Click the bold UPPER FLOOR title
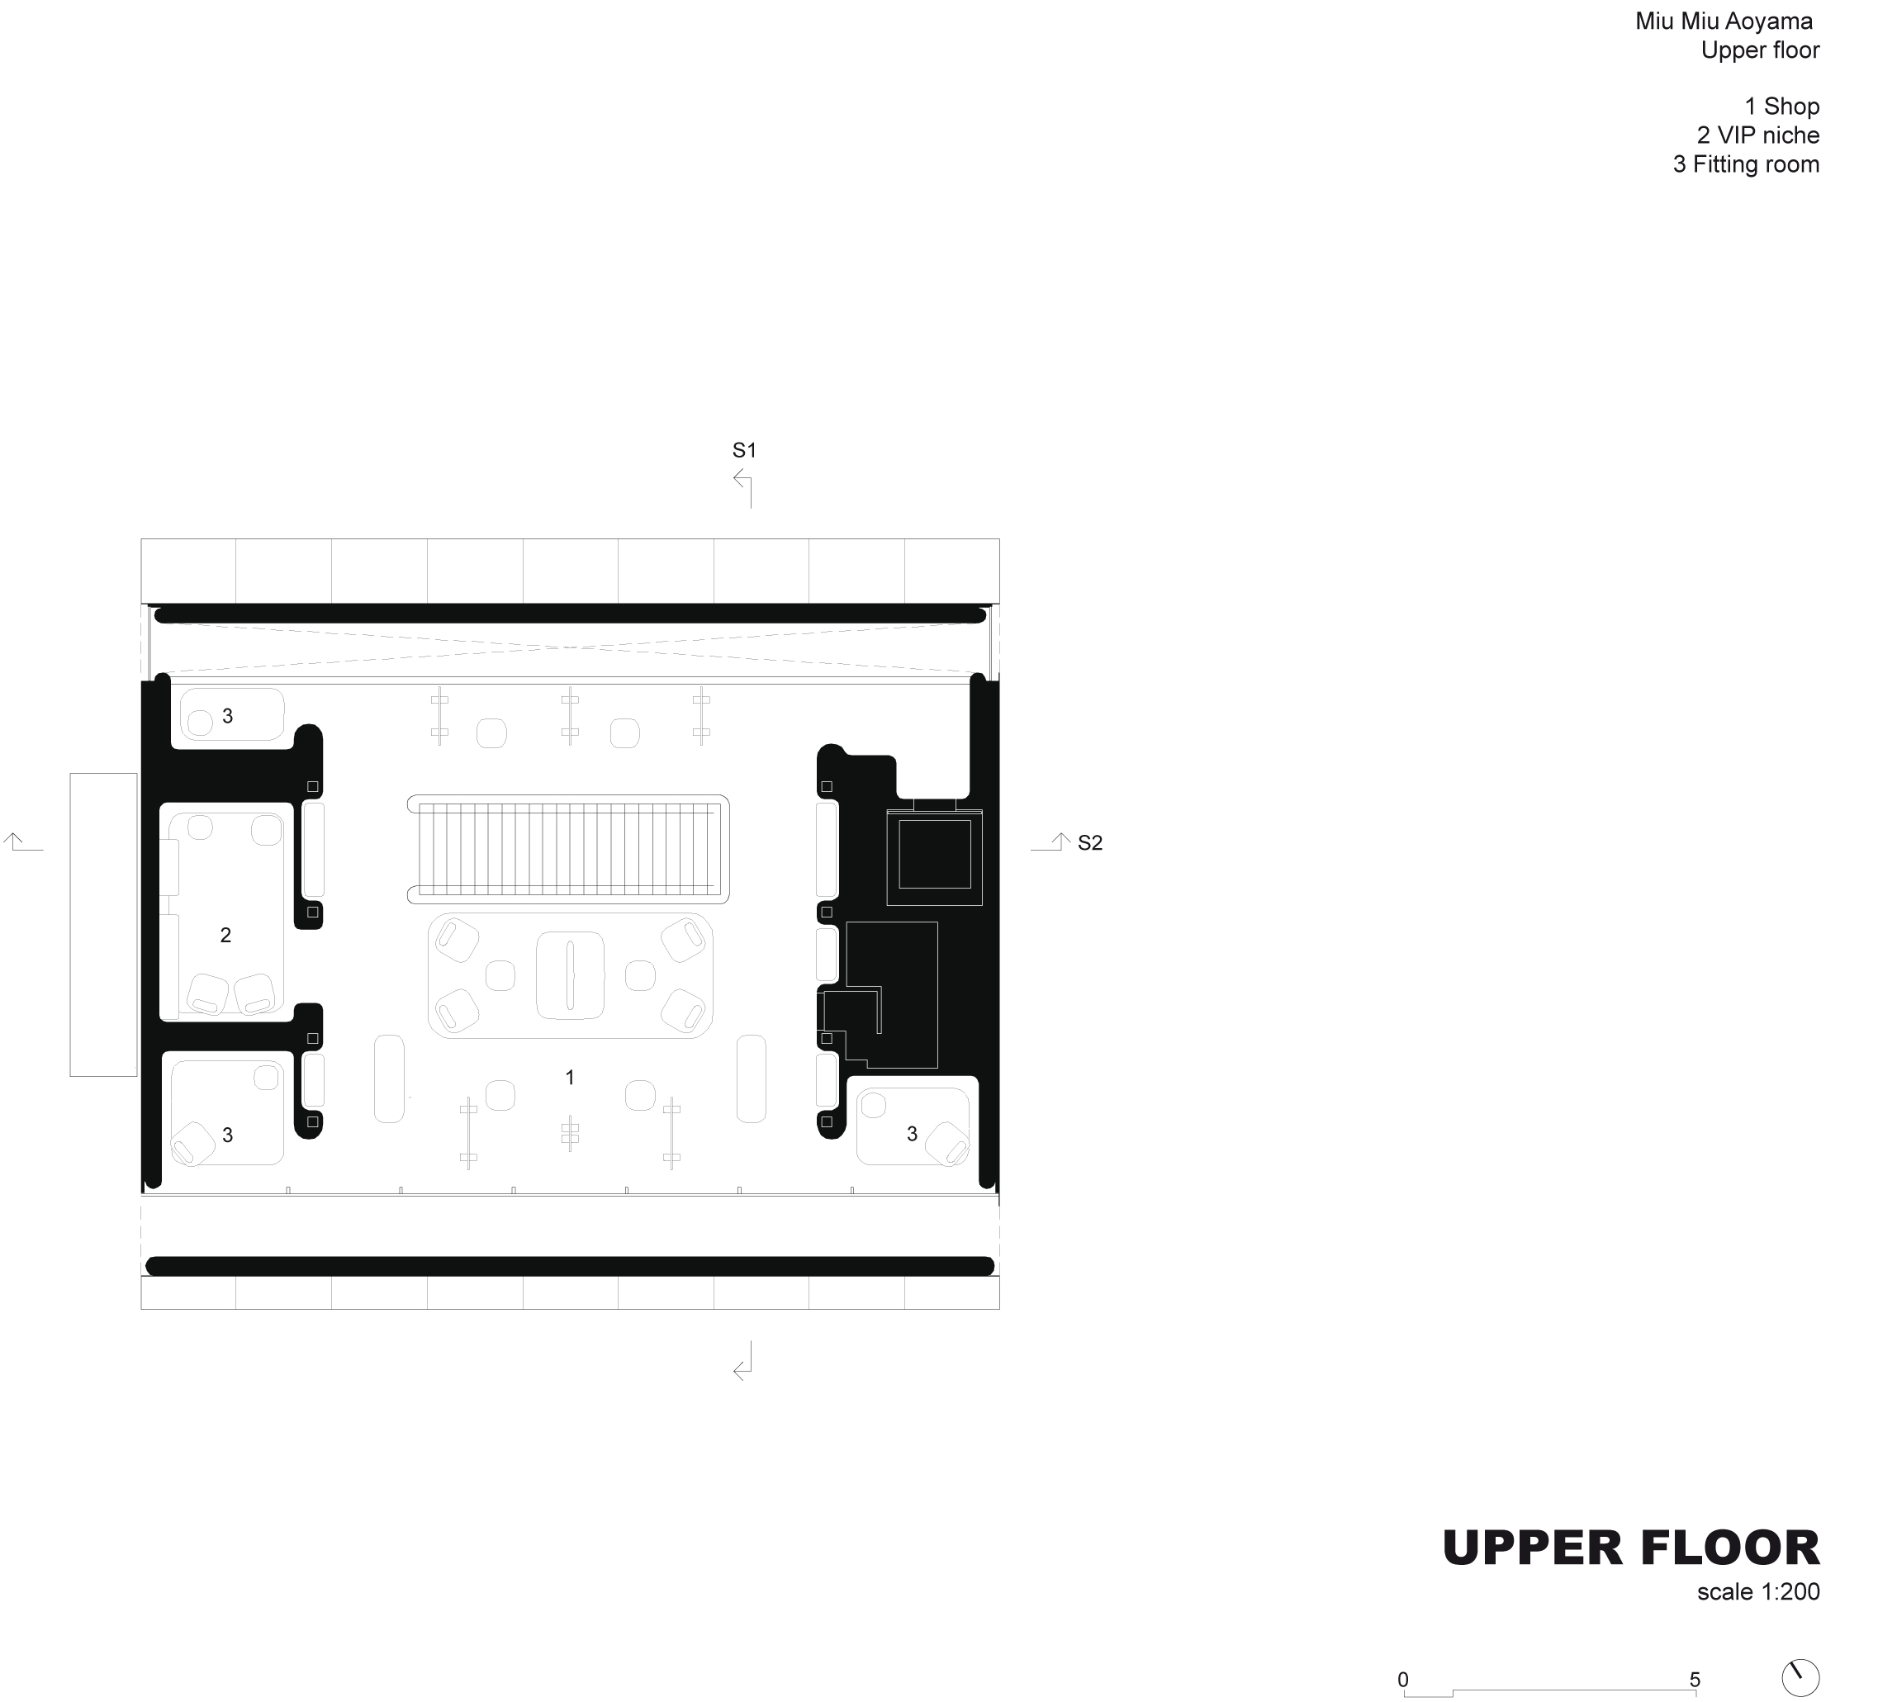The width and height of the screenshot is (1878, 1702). pos(1630,1548)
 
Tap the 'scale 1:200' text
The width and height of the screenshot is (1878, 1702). pos(1757,1591)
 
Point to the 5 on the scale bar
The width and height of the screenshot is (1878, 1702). pos(1695,1679)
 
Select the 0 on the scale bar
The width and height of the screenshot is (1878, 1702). pos(1403,1679)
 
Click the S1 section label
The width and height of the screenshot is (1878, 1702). pos(744,451)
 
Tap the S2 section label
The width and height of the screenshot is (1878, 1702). pos(1089,843)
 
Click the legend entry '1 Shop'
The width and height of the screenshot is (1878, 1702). pos(1781,107)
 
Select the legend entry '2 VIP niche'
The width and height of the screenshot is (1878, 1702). pos(1757,135)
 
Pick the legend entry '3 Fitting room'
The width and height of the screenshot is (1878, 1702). pos(1746,164)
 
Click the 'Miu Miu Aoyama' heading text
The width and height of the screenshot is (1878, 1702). pos(1724,21)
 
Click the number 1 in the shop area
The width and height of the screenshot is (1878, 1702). pos(570,1078)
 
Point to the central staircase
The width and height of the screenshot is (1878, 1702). pos(568,850)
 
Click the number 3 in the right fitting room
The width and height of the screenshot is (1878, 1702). pos(912,1134)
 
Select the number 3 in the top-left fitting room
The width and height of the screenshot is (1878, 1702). pos(227,716)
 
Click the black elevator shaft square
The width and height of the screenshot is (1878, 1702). pos(934,854)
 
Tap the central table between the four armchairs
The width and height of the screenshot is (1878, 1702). pos(570,975)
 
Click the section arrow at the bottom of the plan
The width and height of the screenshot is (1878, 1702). pos(743,1361)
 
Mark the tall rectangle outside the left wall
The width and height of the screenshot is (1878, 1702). pos(103,924)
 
